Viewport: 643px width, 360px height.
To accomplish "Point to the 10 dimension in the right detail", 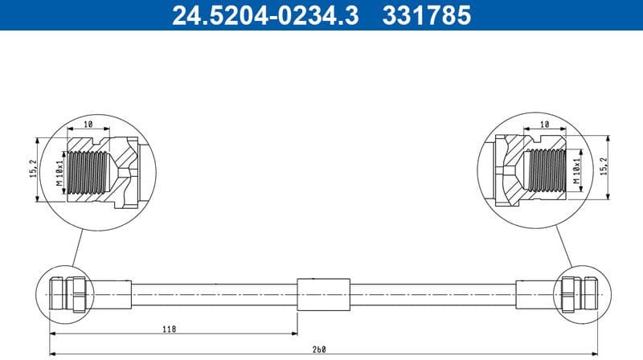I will (x=544, y=125).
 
